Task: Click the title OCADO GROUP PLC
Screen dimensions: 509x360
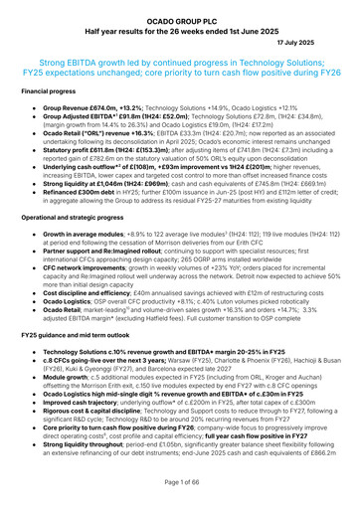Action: click(180, 8)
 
